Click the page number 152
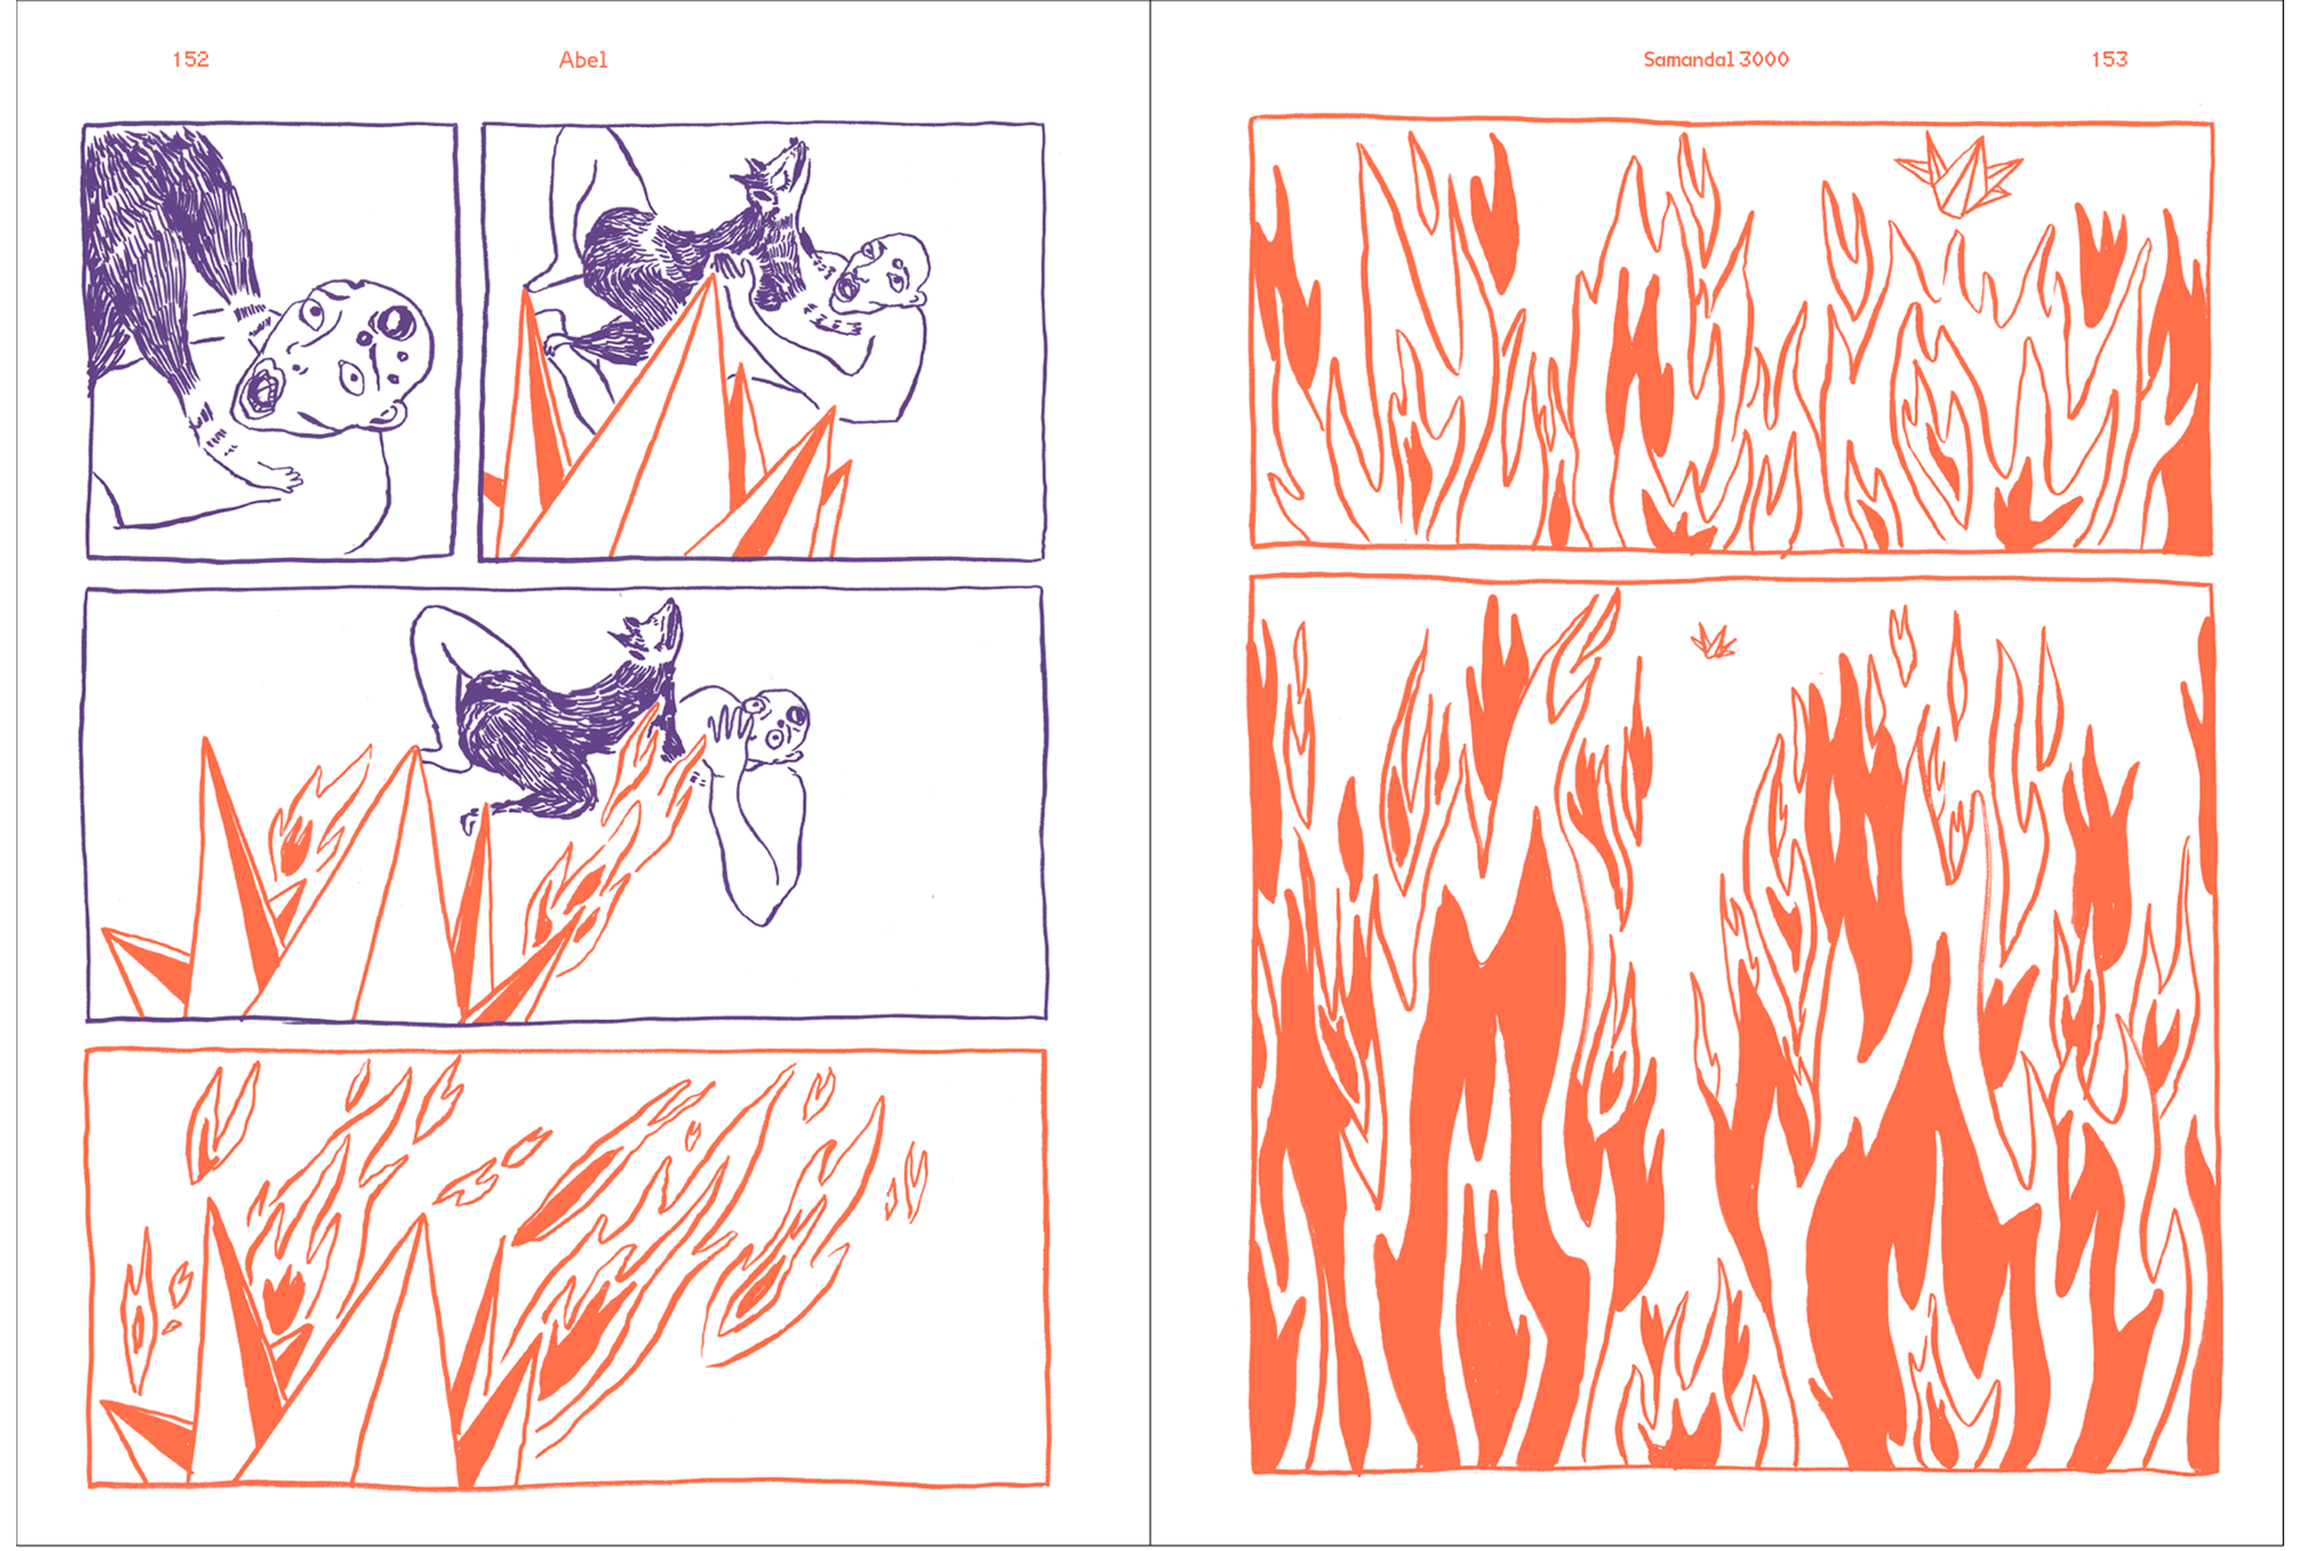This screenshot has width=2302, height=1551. coord(191,59)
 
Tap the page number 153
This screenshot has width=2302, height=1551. coord(2109,59)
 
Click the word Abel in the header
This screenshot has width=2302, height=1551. coord(583,61)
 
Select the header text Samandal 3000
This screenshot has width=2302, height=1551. coord(1716,59)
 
